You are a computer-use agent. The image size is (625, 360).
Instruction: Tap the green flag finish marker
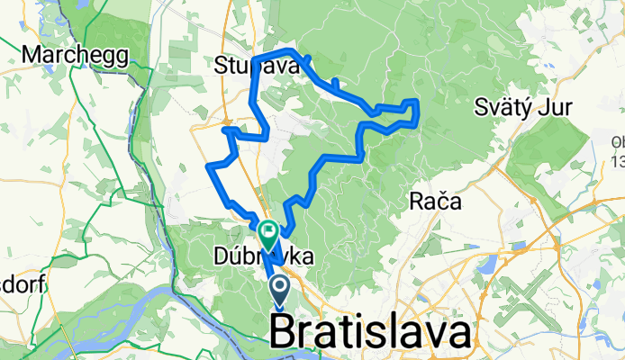268,236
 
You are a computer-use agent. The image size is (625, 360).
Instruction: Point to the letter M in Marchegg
32,55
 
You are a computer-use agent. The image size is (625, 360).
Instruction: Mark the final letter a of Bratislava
457,334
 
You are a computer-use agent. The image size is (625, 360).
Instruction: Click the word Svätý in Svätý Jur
503,109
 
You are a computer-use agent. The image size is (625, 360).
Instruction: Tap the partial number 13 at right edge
618,162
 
